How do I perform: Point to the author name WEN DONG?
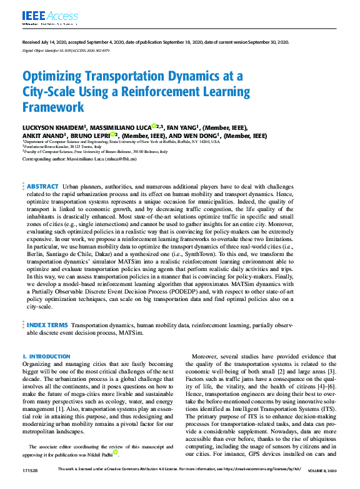tap(199, 136)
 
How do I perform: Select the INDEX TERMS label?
tap(47, 326)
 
